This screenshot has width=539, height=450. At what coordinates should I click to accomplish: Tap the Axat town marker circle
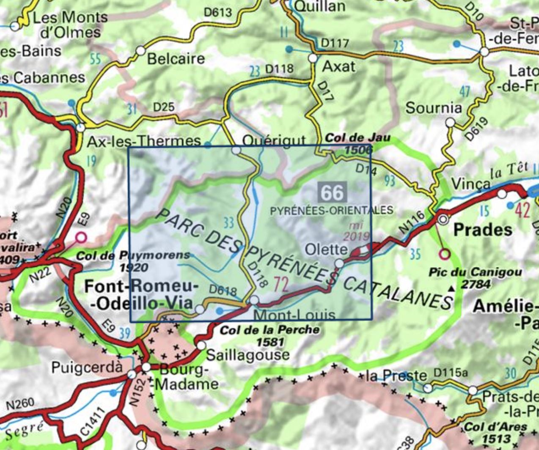[x=313, y=58]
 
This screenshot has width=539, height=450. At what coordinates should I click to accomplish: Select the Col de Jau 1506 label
[x=358, y=144]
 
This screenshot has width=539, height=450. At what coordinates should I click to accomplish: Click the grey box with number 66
[x=333, y=192]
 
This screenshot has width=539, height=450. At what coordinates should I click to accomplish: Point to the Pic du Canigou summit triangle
[x=452, y=289]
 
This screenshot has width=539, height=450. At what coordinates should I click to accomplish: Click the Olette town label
[x=326, y=250]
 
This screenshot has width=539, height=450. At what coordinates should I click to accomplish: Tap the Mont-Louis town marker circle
[x=254, y=300]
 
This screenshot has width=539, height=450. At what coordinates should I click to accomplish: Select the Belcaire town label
[x=176, y=59]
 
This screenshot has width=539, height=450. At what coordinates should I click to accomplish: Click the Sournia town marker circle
[x=451, y=123]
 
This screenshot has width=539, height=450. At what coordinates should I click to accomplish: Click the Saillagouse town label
[x=248, y=355]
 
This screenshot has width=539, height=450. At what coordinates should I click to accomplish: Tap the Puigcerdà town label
[x=86, y=368]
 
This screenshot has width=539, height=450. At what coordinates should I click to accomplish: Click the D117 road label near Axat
[x=335, y=43]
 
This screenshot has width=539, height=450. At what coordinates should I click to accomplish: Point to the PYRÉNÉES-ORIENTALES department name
[x=332, y=210]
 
